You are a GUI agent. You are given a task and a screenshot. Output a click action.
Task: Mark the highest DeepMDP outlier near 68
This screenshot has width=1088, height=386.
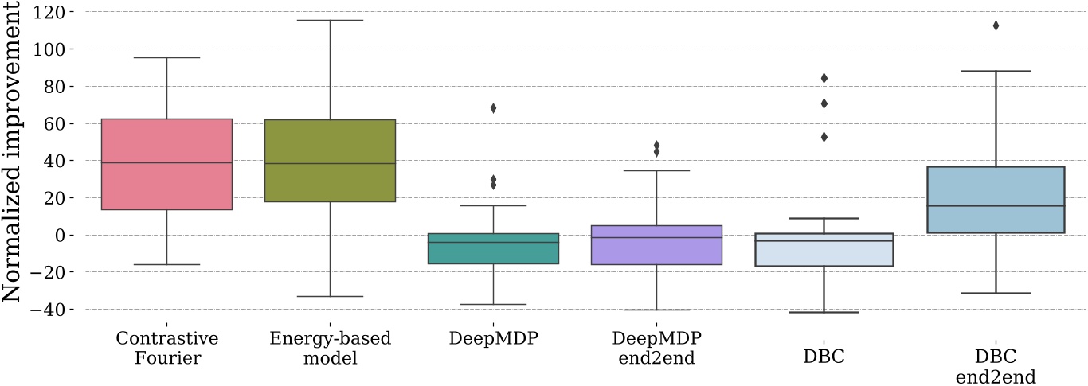click(x=493, y=108)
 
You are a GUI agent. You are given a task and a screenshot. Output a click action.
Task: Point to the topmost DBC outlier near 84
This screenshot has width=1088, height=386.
click(x=824, y=78)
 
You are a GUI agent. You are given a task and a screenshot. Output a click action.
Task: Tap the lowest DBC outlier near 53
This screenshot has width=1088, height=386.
click(x=824, y=137)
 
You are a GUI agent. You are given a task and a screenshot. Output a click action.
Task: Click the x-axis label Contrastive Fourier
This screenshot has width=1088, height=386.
click(x=166, y=348)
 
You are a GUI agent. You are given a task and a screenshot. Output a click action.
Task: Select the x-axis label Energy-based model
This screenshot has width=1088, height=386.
click(x=330, y=348)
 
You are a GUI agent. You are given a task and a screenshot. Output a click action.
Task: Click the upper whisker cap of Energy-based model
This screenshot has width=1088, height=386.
click(x=330, y=20)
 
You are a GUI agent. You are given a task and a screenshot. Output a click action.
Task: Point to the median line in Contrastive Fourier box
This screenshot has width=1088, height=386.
click(x=166, y=163)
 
